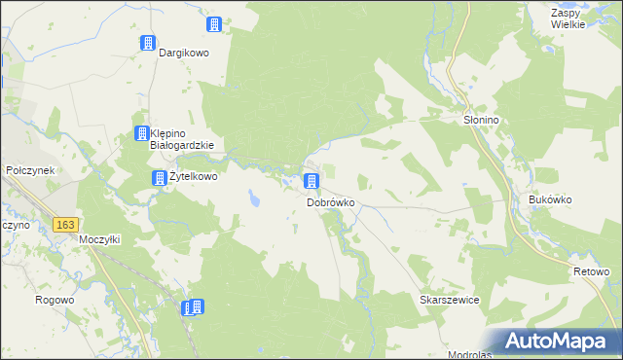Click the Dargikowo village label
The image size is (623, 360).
(x=185, y=54)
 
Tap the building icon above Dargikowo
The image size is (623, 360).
(x=148, y=43)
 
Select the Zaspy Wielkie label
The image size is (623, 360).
(x=567, y=18)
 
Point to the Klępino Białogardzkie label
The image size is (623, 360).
(x=185, y=140)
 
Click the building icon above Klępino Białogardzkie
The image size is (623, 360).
(x=140, y=133)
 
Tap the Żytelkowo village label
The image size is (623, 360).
(x=193, y=178)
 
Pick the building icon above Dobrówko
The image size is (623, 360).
(x=311, y=181)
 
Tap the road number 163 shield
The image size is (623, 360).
(x=65, y=225)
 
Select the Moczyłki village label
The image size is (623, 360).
(x=98, y=239)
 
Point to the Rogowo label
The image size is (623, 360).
(x=55, y=300)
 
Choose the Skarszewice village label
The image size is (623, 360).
(x=450, y=301)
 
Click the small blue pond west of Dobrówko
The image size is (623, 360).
(x=254, y=199)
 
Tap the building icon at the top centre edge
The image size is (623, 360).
(x=214, y=24)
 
